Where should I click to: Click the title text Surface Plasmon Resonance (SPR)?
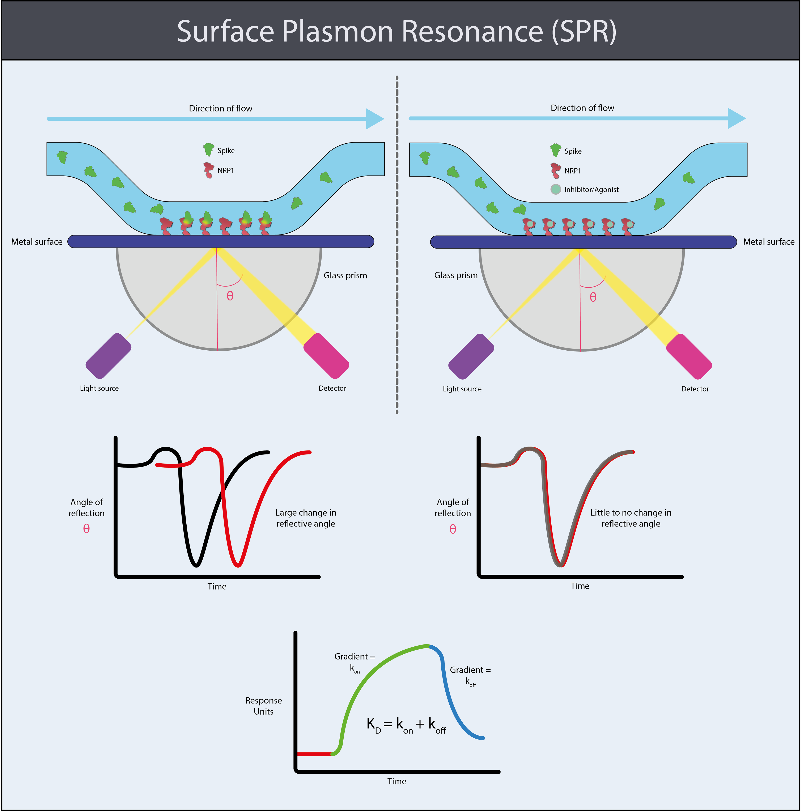(397, 31)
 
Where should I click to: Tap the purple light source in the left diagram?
(108, 356)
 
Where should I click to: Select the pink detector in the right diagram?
(689, 356)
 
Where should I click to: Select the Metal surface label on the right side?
(769, 242)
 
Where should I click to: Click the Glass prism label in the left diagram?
(345, 275)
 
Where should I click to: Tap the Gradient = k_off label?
(470, 675)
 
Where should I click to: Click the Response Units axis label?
(264, 706)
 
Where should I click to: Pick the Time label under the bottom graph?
(397, 781)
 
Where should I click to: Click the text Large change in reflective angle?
(306, 518)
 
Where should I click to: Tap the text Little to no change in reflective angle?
(631, 518)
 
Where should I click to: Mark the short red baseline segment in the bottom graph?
(314, 754)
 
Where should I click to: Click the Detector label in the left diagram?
(332, 388)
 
